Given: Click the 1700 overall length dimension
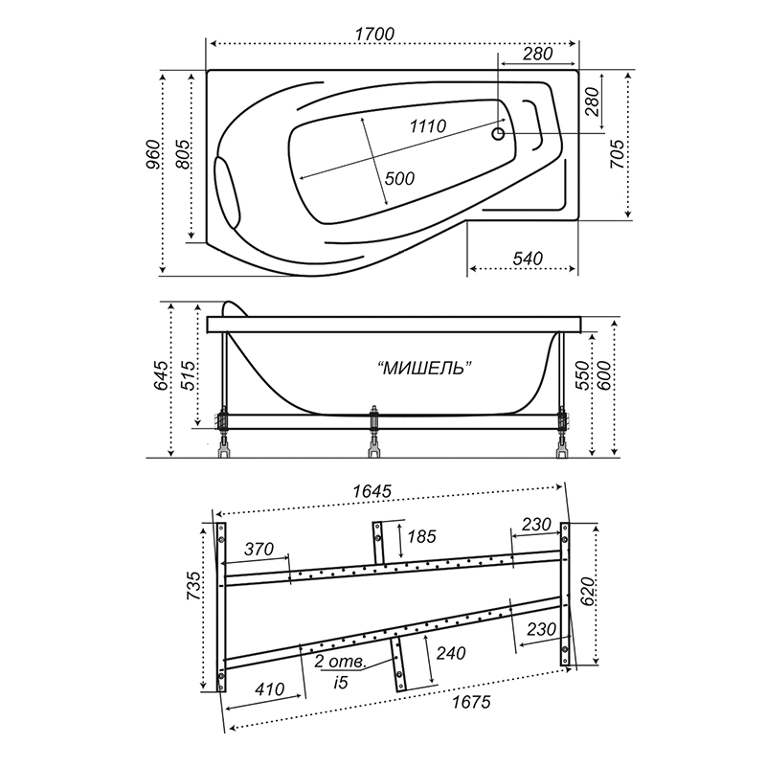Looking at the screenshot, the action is (374, 34).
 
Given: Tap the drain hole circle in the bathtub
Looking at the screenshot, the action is (498, 133).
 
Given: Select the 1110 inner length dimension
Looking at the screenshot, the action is (427, 126).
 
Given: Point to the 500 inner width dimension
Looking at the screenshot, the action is (399, 178).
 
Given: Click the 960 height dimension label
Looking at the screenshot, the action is (153, 155).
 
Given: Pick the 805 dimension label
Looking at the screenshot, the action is (182, 154).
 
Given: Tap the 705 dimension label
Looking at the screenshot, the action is (617, 154).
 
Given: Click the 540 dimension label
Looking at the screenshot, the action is (528, 258).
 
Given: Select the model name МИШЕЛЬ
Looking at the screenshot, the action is (426, 368).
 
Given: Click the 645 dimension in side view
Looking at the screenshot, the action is (161, 375).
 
